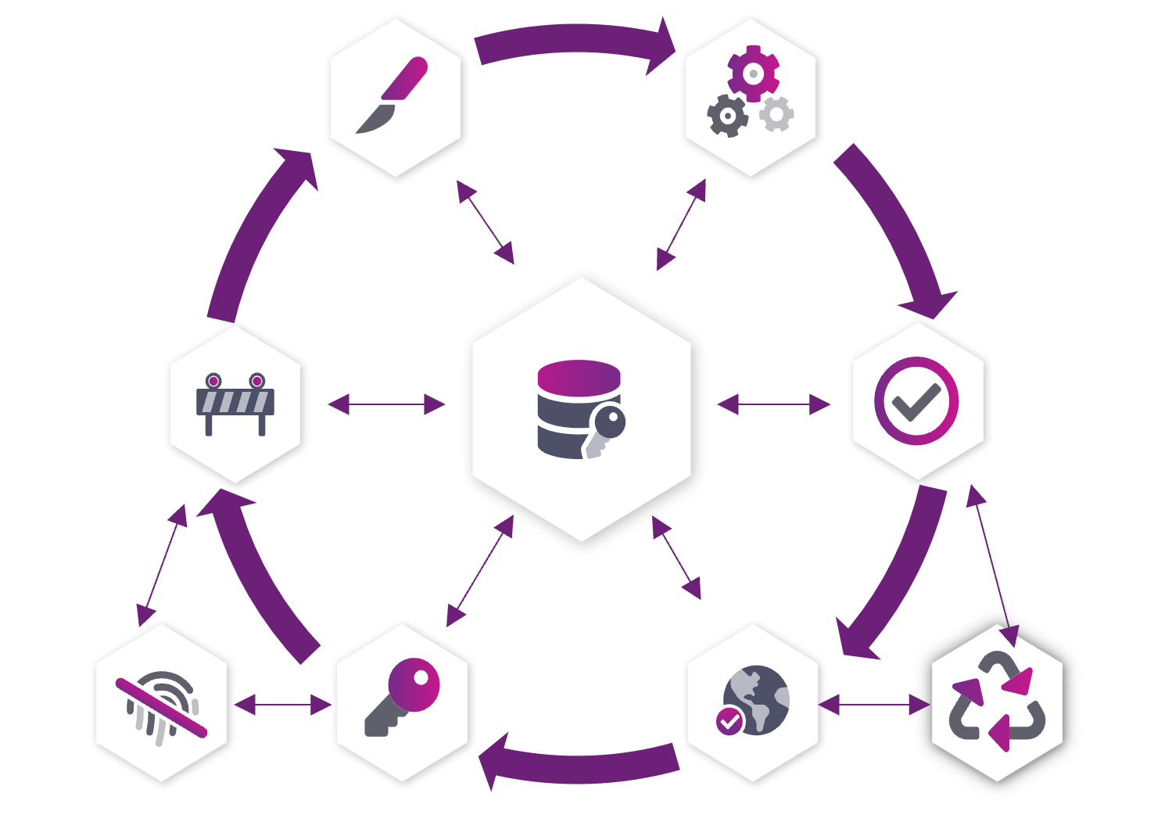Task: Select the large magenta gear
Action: pyautogui.click(x=753, y=73)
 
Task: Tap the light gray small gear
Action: pyautogui.click(x=776, y=114)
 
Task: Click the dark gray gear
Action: pyautogui.click(x=727, y=116)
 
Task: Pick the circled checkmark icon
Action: pyautogui.click(x=916, y=401)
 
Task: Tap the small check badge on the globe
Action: pyautogui.click(x=730, y=720)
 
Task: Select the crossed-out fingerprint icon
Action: pyautogui.click(x=162, y=706)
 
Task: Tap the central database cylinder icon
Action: pyautogui.click(x=577, y=407)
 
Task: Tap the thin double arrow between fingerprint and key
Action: pyautogui.click(x=282, y=705)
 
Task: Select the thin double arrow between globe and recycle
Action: pyautogui.click(x=874, y=705)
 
